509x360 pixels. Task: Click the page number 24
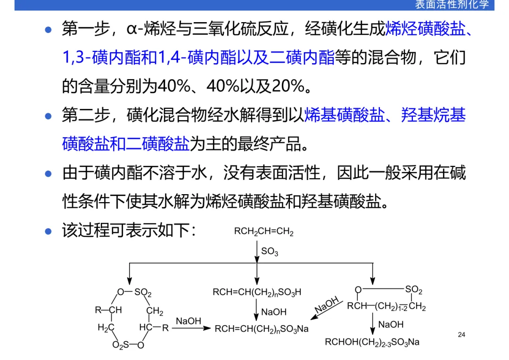click(x=461, y=335)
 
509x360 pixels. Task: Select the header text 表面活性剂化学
click(x=452, y=5)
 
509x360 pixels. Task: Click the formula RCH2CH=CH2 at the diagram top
click(x=264, y=232)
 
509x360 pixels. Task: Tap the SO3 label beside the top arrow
click(x=270, y=252)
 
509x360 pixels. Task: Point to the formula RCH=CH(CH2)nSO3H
click(x=257, y=293)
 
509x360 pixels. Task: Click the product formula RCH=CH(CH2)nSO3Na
click(x=262, y=328)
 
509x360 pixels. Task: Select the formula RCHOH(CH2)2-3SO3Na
click(x=372, y=342)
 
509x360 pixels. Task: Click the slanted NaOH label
click(x=327, y=305)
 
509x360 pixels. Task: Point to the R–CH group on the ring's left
click(x=108, y=310)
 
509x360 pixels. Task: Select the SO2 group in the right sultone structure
click(x=414, y=289)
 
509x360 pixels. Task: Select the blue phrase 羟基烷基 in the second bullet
click(x=434, y=115)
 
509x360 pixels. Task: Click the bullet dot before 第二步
click(x=48, y=115)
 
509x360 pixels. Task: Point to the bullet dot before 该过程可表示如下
click(x=48, y=231)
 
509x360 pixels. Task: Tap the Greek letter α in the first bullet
click(x=131, y=30)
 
